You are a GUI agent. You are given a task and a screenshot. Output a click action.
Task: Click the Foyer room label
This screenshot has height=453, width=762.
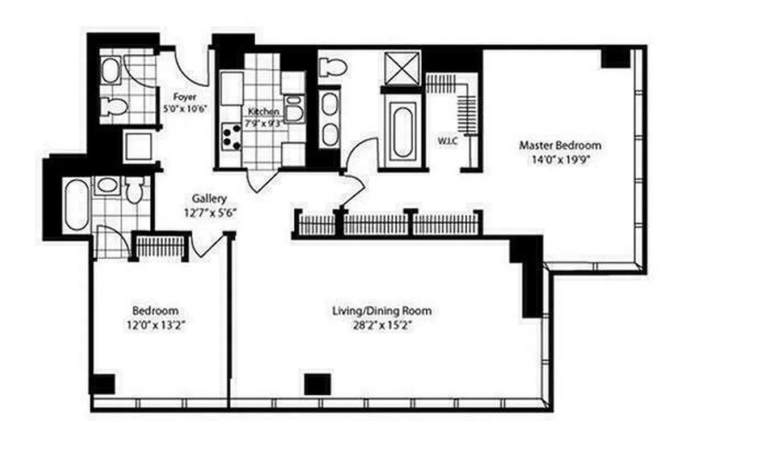click(185, 97)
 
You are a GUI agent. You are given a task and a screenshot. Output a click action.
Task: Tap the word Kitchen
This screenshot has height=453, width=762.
click(264, 112)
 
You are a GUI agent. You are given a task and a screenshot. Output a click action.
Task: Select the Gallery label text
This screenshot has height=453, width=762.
click(209, 199)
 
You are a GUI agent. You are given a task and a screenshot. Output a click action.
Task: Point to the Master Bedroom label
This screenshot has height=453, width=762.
click(560, 146)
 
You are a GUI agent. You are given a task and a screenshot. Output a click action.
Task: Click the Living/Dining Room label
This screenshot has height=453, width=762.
click(382, 311)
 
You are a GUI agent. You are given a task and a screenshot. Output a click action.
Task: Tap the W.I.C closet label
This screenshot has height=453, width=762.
click(447, 140)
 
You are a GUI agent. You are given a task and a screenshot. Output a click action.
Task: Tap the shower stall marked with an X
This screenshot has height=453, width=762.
click(402, 69)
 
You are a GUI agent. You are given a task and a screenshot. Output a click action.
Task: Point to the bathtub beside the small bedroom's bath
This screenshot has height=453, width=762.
click(76, 205)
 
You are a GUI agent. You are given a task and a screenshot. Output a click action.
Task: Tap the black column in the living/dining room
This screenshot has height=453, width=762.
click(317, 384)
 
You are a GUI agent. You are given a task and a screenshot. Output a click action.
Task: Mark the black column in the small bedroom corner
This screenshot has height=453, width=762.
click(103, 384)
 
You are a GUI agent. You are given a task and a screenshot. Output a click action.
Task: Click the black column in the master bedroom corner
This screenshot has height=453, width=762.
click(616, 57)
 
